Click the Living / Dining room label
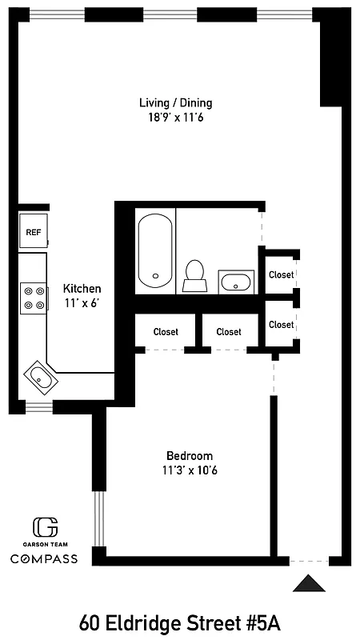point(175,103)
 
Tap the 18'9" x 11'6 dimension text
point(175,118)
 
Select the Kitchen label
point(82,289)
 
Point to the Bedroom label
point(190,455)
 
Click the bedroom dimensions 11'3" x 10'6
point(190,470)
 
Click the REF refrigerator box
point(34,233)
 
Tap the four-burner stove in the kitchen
point(34,297)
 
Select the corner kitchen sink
point(39,374)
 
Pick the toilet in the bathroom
point(194,274)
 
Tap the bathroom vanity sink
point(236,282)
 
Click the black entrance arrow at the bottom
point(309,583)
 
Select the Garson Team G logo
point(45,527)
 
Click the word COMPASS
point(44,558)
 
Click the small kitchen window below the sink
point(38,408)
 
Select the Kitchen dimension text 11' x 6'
point(82,303)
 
